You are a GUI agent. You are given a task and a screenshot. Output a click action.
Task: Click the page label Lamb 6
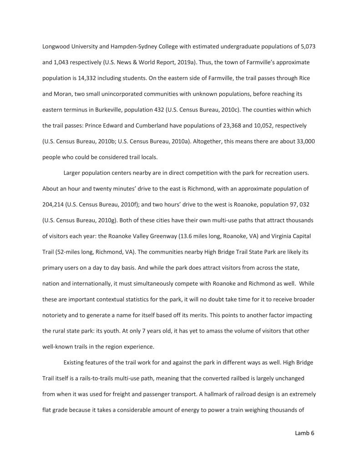pyautogui.click(x=304, y=433)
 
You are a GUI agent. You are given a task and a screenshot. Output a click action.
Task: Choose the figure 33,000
pyautogui.click(x=304, y=141)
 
